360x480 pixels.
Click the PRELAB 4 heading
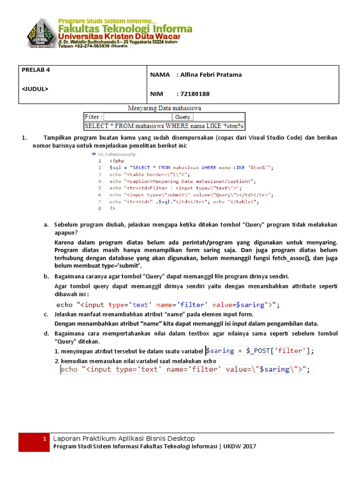point(36,70)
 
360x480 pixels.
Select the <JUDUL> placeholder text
point(35,88)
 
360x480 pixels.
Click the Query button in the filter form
point(182,117)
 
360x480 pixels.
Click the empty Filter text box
point(138,117)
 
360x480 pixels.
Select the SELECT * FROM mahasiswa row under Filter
point(164,126)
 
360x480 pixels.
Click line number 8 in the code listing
point(99,208)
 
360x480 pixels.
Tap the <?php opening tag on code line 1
point(117,160)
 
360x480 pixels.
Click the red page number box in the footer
point(33,442)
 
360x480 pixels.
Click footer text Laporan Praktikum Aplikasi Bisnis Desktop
point(124,438)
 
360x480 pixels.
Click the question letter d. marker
point(46,333)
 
